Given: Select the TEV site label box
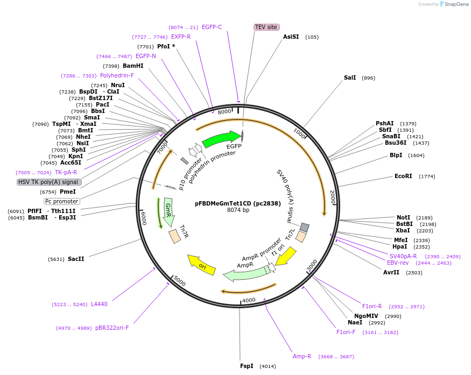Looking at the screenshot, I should coord(266,27).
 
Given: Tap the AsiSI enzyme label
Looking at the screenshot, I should coord(291,37).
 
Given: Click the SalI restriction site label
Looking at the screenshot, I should coord(350,78).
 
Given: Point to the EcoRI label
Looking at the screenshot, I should coord(403,176).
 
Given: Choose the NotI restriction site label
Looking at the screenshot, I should coord(403,217).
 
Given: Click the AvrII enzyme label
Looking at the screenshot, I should coord(391,273).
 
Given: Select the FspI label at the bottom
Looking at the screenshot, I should coord(247,366).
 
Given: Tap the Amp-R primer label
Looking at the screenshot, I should coord(302,356).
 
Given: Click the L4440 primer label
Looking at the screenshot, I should coord(99,305).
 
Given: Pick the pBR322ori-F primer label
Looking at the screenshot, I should coord(112,328).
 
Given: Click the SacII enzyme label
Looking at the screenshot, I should coord(76,259).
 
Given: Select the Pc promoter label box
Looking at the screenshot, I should coord(61,201).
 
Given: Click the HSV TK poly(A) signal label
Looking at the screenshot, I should coord(49,182).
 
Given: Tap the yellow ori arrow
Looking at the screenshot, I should coord(200,264).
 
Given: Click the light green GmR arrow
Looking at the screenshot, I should coord(168,211).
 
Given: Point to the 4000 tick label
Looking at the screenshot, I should coord(249,300).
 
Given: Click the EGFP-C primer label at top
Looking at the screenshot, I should coord(212,27).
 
